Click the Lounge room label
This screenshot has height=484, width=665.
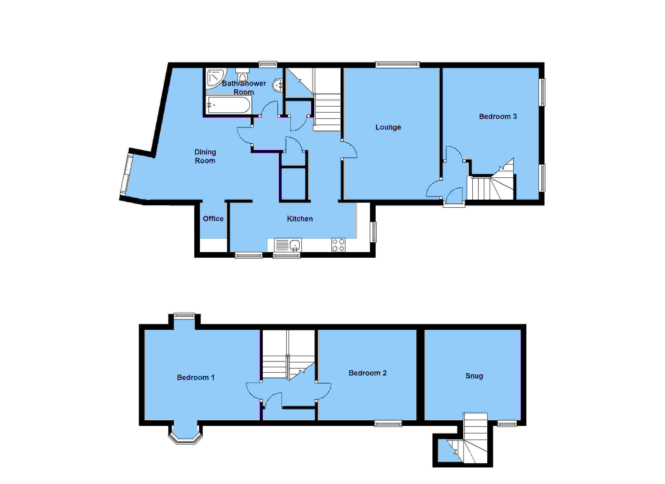pos(388,127)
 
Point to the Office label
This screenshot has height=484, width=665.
pos(213,219)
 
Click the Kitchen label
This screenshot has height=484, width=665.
pos(300,219)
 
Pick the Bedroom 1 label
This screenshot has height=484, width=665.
pos(196,378)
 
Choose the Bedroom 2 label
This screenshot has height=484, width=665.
pos(367,373)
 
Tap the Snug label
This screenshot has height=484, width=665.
pos(474,376)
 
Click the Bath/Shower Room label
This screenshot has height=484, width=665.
pos(244,88)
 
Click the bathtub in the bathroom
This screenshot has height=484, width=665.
pos(228,105)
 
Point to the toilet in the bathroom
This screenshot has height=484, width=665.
pos(242,76)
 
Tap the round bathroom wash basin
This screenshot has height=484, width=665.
pos(278,85)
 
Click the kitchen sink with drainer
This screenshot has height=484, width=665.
pos(288,245)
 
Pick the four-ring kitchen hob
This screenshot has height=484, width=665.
pos(338,245)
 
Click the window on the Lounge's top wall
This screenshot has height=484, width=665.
pos(397,64)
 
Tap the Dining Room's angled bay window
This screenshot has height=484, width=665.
pos(127,174)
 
